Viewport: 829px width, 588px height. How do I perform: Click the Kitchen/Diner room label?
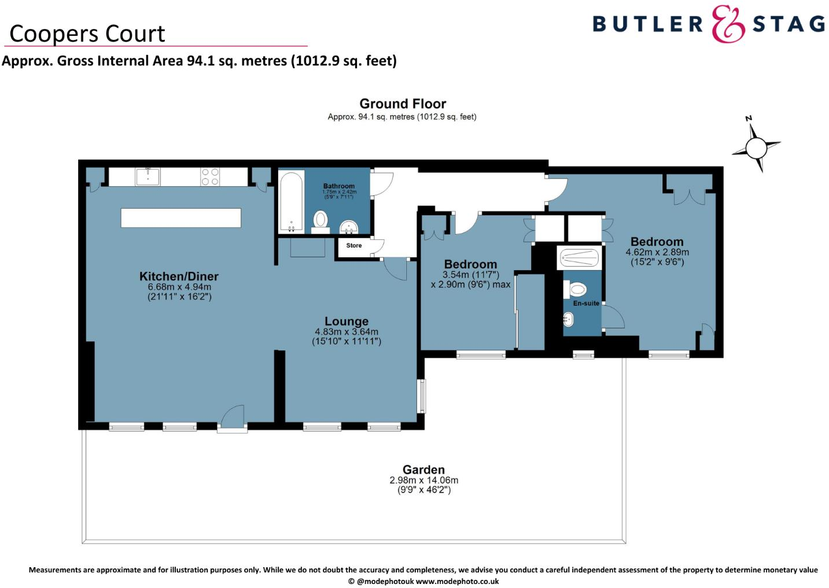179,276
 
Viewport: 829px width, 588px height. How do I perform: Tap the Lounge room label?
346,321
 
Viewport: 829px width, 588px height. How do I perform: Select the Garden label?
423,470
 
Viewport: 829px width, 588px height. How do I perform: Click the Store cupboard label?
353,246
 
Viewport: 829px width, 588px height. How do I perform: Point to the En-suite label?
585,303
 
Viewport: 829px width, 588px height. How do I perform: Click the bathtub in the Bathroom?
291,201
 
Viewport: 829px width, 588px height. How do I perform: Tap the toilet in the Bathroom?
320,220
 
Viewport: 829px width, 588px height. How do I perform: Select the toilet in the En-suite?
577,289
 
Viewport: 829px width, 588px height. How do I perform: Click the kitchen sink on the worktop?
148,176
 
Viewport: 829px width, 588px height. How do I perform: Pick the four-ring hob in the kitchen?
210,176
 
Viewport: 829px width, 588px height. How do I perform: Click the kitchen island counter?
180,218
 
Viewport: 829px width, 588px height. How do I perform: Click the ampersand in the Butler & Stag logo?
727,24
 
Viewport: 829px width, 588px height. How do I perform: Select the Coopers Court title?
87,34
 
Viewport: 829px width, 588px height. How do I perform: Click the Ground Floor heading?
403,103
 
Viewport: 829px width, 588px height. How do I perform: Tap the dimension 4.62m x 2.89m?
657,252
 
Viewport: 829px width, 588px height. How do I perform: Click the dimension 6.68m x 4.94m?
179,287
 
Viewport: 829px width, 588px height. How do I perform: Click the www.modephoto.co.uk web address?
457,581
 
